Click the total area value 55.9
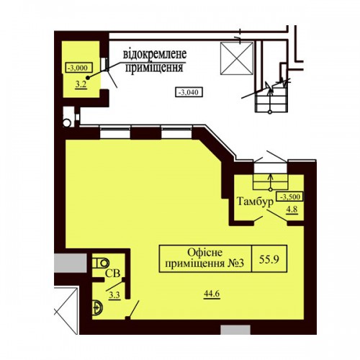[269, 259]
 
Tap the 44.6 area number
[212, 293]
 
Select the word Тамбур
[256, 202]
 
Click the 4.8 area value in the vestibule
[292, 209]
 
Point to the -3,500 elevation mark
[290, 197]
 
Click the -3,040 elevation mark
[189, 92]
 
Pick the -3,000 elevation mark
[79, 68]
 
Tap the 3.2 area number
[81, 84]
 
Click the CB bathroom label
[112, 274]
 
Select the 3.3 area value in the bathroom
[114, 295]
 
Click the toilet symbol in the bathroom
[101, 263]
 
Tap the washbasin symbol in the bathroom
[97, 307]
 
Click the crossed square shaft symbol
[237, 58]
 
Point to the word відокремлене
[155, 54]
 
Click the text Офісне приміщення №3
[204, 258]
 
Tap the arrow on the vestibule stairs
[271, 181]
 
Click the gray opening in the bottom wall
[235, 330]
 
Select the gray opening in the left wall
[71, 263]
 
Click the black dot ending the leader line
[88, 78]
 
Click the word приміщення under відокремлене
[154, 68]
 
